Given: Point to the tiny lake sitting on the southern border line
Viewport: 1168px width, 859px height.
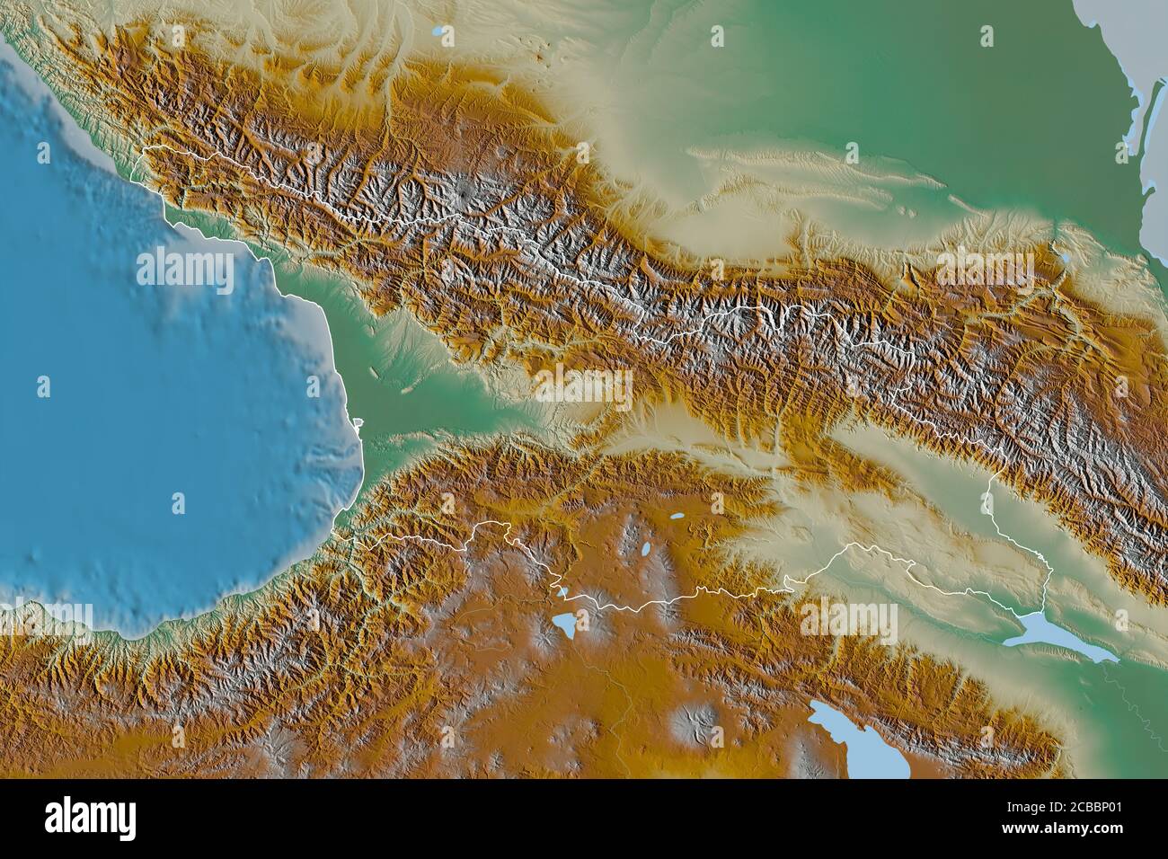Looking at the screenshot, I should click(x=559, y=592).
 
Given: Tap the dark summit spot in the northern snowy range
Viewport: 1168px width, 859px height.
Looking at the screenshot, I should click(x=463, y=191).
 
